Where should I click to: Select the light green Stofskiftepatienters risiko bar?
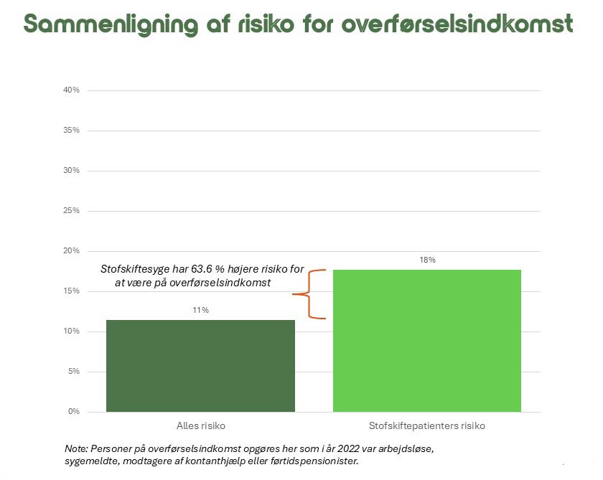click(426, 340)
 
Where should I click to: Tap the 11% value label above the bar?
click(200, 310)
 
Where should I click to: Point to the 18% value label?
click(427, 260)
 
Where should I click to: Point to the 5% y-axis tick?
click(73, 372)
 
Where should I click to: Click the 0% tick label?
click(73, 412)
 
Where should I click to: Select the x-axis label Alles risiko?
click(200, 425)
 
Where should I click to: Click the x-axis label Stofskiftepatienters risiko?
click(427, 425)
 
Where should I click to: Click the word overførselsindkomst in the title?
click(457, 24)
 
